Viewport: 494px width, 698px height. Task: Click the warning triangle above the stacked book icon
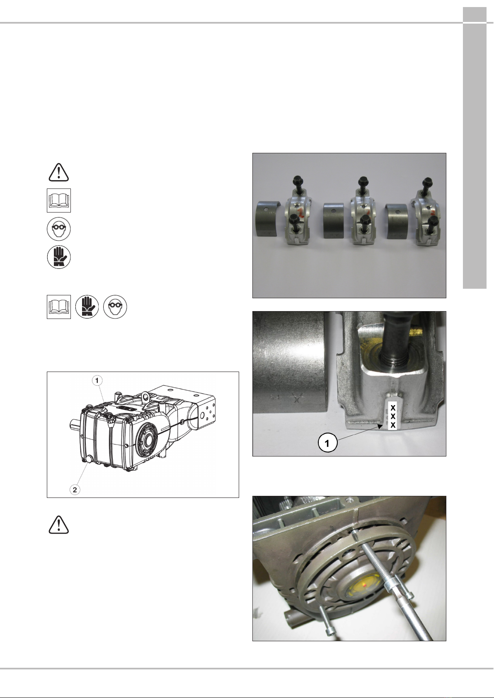pyautogui.click(x=58, y=172)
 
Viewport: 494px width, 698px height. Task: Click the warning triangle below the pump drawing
pyautogui.click(x=58, y=525)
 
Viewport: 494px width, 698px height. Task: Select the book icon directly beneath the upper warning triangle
pyautogui.click(x=59, y=200)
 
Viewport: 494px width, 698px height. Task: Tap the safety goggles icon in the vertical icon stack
pyautogui.click(x=59, y=229)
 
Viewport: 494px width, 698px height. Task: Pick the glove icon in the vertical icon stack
pyautogui.click(x=59, y=257)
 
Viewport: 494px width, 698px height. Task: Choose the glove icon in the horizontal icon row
pyautogui.click(x=87, y=307)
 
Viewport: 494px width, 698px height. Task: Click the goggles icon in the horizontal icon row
pyautogui.click(x=115, y=307)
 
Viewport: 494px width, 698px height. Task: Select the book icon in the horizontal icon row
pyautogui.click(x=59, y=307)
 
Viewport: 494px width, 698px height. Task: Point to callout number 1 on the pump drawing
pyautogui.click(x=97, y=380)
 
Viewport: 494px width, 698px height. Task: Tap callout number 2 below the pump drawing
pyautogui.click(x=75, y=490)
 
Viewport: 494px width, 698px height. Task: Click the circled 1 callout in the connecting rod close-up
pyautogui.click(x=327, y=443)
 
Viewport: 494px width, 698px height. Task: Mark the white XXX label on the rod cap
pyautogui.click(x=393, y=416)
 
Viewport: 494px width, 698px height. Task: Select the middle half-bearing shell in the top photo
pyautogui.click(x=334, y=220)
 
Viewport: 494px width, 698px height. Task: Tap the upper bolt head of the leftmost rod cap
pyautogui.click(x=298, y=181)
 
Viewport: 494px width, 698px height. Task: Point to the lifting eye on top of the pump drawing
pyautogui.click(x=145, y=396)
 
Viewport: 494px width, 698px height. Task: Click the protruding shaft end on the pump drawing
pyautogui.click(x=75, y=423)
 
